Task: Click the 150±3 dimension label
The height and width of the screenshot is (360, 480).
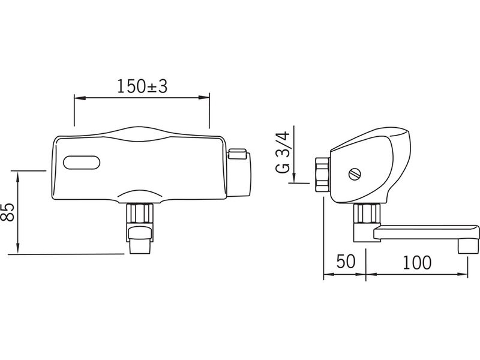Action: click(x=142, y=86)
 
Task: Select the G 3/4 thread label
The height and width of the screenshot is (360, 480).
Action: click(x=283, y=152)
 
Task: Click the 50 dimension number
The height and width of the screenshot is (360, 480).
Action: click(x=346, y=262)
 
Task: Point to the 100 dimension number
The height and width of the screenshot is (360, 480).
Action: click(x=417, y=263)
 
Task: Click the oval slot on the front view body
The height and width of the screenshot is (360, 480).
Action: click(x=82, y=163)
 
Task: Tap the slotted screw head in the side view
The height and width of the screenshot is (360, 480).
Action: click(x=355, y=174)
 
